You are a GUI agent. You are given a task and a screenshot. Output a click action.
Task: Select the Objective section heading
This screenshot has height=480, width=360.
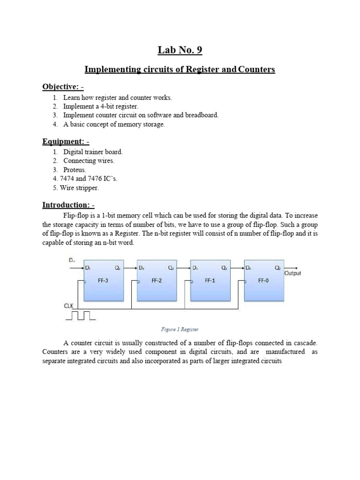pyautogui.click(x=63, y=87)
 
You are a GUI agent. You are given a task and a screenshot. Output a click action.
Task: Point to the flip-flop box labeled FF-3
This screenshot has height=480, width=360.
pyautogui.click(x=103, y=280)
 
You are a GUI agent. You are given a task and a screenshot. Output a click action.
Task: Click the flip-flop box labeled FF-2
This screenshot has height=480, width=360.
pyautogui.click(x=157, y=280)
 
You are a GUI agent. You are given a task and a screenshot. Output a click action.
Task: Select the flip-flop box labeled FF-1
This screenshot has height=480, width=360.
pyautogui.click(x=210, y=280)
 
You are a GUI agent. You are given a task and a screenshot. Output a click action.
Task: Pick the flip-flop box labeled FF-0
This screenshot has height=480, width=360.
pyautogui.click(x=263, y=280)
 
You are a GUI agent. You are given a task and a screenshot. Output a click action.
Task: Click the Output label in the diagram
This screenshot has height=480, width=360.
pyautogui.click(x=292, y=273)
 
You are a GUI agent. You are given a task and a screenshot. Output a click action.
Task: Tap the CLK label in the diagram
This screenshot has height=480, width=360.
pyautogui.click(x=69, y=305)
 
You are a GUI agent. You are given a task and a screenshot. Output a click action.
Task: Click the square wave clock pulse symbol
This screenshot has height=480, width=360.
pyautogui.click(x=80, y=316)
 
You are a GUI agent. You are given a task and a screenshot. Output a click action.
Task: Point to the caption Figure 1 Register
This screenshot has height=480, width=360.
pyautogui.click(x=180, y=330)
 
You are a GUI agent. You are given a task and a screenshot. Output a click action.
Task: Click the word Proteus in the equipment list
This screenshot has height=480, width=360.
pyautogui.click(x=75, y=170)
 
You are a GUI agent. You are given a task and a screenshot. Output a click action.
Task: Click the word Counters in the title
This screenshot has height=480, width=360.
pyautogui.click(x=256, y=70)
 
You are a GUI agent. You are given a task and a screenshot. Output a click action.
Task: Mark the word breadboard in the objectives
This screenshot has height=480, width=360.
pyautogui.click(x=202, y=115)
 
